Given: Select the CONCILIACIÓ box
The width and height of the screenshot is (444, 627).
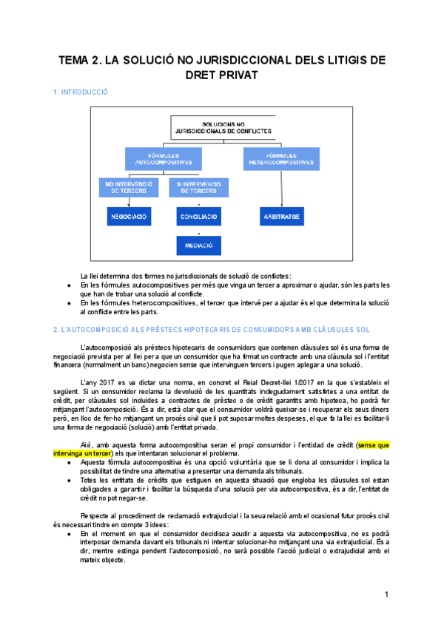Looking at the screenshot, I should tap(199, 217).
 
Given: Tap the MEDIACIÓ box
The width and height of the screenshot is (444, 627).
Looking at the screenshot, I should tap(199, 245).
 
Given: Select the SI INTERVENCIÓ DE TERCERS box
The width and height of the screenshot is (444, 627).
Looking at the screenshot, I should tap(198, 187).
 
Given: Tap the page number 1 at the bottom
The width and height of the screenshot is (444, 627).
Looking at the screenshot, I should tap(386, 594).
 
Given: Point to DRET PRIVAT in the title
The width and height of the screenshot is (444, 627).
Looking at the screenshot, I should tap(222, 75).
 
